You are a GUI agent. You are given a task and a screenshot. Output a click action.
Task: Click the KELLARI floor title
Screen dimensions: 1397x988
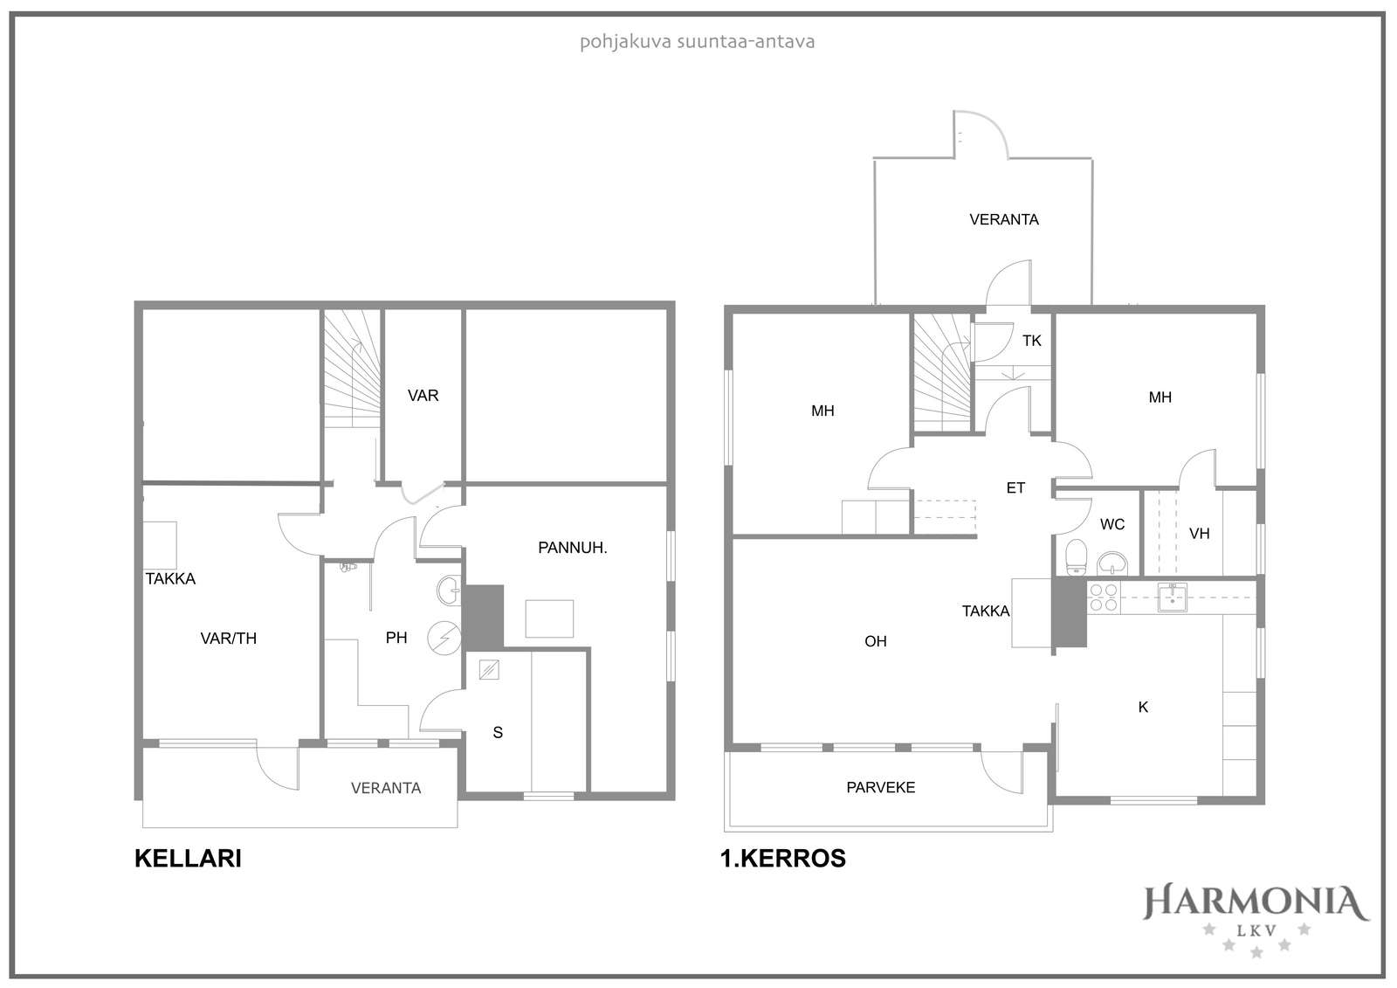(188, 858)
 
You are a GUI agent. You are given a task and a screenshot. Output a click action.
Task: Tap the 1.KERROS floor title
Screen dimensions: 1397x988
(782, 858)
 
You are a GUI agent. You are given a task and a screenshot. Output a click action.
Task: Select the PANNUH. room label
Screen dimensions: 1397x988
(573, 548)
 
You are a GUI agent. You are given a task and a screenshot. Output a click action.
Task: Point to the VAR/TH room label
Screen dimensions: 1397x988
(228, 638)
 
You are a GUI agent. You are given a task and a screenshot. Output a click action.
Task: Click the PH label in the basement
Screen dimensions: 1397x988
(396, 637)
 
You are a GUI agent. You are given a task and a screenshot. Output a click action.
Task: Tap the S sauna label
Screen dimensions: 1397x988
(498, 732)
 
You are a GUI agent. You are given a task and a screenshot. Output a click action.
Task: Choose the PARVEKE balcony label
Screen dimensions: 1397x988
(881, 787)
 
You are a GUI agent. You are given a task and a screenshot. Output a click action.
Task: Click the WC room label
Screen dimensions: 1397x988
(1112, 524)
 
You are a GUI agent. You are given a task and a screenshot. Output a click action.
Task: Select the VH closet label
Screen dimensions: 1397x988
(1200, 534)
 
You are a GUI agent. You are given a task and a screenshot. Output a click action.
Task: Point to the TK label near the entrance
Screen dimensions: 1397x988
(1031, 341)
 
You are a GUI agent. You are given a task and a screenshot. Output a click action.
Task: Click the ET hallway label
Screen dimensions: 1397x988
(1015, 488)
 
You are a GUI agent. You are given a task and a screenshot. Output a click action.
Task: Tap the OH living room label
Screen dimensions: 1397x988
(876, 641)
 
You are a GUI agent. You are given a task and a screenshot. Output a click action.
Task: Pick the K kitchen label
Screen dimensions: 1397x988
(1143, 707)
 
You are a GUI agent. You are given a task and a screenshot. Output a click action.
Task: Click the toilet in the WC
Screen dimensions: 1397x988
(1076, 557)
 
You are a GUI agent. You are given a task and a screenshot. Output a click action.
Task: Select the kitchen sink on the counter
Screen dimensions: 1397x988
(1172, 598)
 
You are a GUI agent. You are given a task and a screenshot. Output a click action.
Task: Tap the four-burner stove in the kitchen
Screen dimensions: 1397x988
(1103, 598)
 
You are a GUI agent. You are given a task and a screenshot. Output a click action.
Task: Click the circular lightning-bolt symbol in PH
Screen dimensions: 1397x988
(444, 638)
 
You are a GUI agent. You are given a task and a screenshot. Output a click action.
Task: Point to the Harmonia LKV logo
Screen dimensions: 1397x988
(1256, 922)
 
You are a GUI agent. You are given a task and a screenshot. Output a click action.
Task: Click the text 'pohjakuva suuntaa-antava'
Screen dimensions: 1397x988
(698, 43)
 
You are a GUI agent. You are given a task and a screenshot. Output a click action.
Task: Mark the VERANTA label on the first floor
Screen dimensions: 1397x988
(1004, 219)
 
